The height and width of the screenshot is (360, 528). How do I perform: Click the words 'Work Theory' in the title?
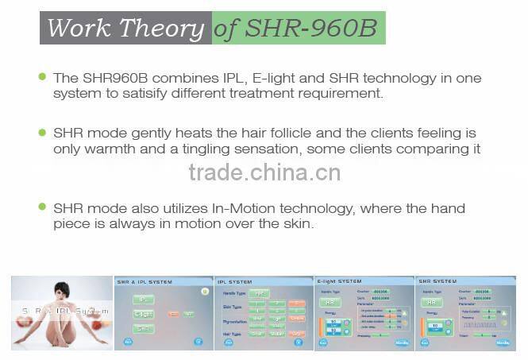125,28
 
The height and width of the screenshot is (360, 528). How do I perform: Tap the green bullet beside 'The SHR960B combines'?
42,77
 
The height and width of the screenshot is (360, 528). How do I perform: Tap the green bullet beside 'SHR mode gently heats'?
42,131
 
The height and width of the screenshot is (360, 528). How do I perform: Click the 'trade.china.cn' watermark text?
264,172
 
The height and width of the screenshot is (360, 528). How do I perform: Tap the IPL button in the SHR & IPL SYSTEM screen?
143,300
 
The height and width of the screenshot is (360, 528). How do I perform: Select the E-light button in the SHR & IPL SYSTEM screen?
143,314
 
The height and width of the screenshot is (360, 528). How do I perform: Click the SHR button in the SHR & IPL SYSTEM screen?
143,328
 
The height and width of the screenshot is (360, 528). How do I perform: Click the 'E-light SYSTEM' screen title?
341,281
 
